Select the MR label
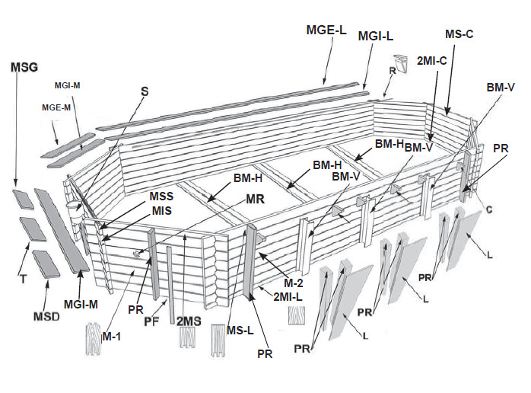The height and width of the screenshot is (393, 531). pos(257,200)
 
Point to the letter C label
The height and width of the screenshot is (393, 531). pos(492,208)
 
